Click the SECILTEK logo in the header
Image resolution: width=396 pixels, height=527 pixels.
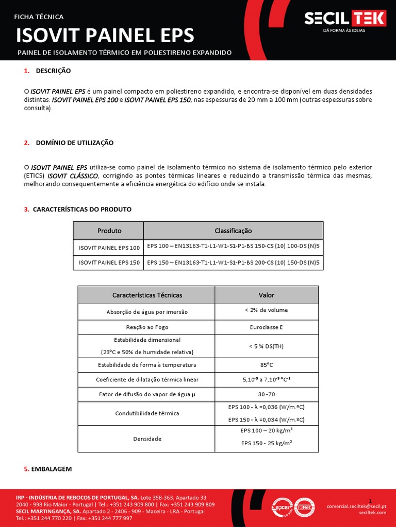click(x=344, y=20)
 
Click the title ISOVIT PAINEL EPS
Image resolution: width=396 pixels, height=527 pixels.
click(x=105, y=36)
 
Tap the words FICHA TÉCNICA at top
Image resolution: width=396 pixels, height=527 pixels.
click(x=39, y=16)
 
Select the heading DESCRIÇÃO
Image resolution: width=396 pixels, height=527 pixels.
click(x=53, y=71)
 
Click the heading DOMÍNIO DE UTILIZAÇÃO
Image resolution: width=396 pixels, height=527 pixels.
click(x=74, y=143)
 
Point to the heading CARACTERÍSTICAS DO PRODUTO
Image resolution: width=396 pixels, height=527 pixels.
click(x=81, y=209)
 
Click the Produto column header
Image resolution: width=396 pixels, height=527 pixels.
click(x=109, y=231)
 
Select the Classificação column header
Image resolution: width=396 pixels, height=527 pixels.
click(x=233, y=231)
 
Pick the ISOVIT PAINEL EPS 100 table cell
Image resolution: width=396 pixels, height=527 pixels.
click(x=109, y=248)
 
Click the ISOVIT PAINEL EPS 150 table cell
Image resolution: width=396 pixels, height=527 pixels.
click(x=109, y=262)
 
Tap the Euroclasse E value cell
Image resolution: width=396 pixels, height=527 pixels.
click(x=266, y=327)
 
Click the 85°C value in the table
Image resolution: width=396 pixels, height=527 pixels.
click(x=266, y=365)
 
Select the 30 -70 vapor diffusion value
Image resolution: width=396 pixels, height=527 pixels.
click(x=266, y=394)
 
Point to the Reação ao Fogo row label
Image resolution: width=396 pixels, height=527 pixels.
click(x=147, y=327)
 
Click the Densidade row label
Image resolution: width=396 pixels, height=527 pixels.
click(x=147, y=439)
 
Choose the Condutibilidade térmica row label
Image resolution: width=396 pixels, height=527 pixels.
click(x=147, y=413)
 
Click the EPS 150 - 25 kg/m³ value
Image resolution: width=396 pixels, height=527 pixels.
click(x=266, y=444)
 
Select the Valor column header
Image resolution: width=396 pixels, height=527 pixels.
click(x=266, y=295)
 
